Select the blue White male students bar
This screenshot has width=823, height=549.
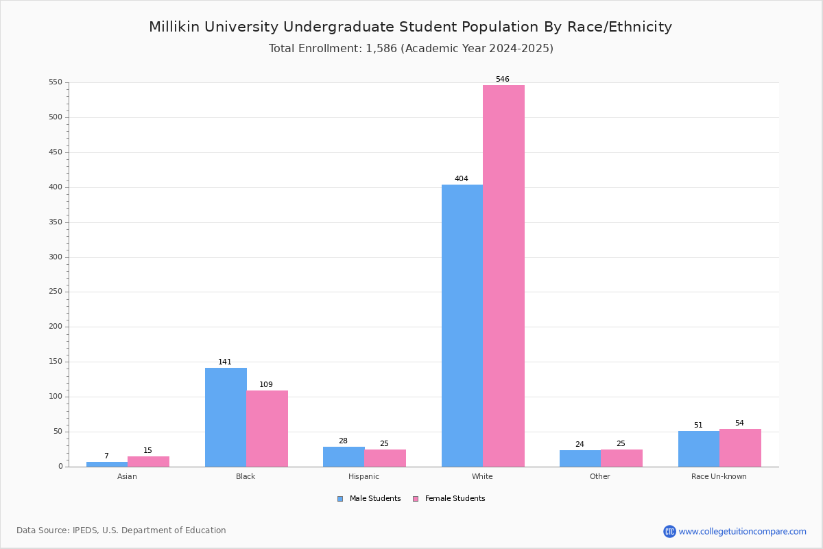(x=462, y=325)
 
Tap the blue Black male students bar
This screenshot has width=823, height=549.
(x=226, y=417)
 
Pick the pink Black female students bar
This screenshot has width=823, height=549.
(x=267, y=428)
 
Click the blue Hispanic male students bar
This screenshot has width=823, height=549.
(x=344, y=456)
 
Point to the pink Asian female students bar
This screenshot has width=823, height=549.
(x=148, y=461)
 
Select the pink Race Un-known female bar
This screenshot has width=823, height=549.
(x=740, y=447)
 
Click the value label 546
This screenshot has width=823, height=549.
(x=503, y=80)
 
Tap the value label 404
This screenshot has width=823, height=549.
(x=462, y=179)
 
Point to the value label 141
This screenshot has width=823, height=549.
(x=225, y=362)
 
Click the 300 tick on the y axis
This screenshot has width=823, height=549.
(x=56, y=257)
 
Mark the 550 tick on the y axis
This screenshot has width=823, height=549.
(x=56, y=82)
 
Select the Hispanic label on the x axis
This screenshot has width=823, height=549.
(x=363, y=476)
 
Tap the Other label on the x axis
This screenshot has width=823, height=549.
(x=599, y=476)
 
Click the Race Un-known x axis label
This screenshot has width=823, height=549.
(x=719, y=476)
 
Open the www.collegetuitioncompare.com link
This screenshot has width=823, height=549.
(x=742, y=531)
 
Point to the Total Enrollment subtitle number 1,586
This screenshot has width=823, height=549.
(x=376, y=49)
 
